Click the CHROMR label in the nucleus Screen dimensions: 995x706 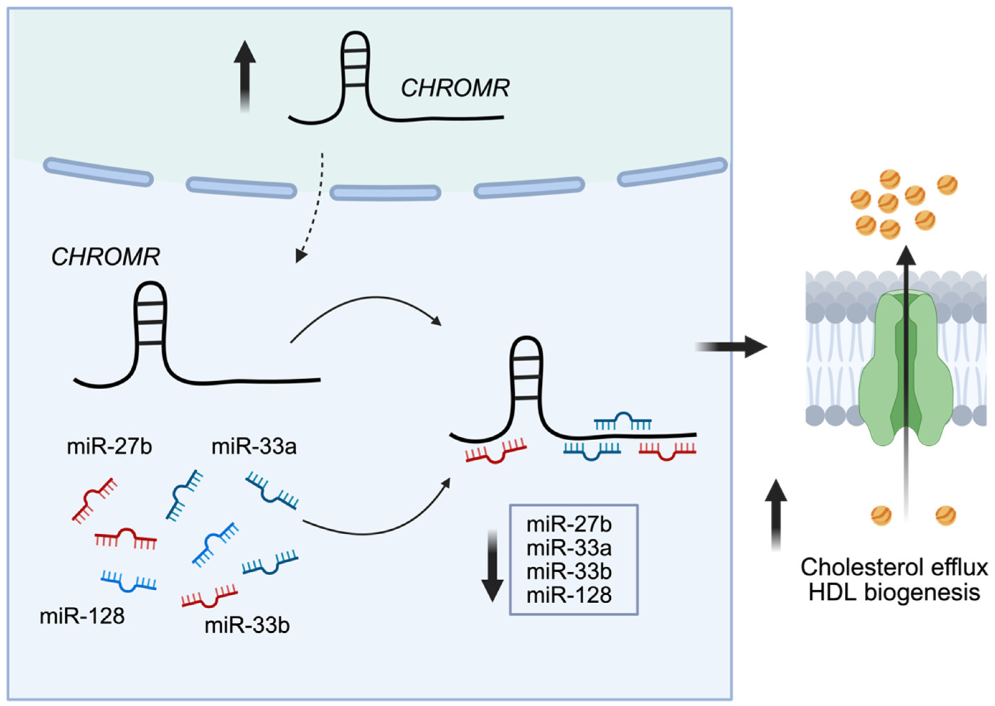455,88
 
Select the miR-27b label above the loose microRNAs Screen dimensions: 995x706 109,447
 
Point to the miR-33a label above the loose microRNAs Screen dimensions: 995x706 254,447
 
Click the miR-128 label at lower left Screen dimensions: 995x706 82,617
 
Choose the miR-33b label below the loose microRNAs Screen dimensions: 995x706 247,626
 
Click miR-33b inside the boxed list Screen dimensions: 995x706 569,572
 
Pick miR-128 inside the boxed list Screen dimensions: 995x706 569,595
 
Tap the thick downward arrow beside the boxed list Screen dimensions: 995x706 493,566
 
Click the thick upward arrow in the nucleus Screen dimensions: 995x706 245,76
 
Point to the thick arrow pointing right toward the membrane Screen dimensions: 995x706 731,347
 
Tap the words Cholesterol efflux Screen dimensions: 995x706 894,568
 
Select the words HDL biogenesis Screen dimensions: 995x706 894,592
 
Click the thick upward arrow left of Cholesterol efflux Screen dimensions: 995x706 776,516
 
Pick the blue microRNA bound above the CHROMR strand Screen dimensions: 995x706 622,421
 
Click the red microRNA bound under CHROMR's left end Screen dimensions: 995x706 496,452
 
